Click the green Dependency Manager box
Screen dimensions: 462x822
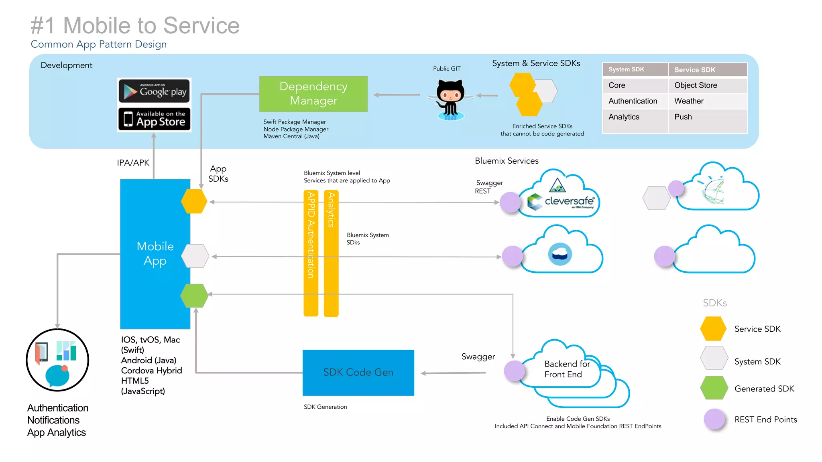click(313, 94)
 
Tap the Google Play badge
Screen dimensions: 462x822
click(154, 91)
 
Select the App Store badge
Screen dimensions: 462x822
click(154, 119)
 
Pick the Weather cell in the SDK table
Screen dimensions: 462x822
click(689, 101)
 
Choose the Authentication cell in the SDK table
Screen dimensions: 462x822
click(633, 101)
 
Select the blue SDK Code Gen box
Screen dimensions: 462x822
click(358, 373)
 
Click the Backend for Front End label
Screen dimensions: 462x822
click(567, 369)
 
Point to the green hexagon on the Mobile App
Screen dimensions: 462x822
click(194, 296)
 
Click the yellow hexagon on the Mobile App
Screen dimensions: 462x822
click(194, 201)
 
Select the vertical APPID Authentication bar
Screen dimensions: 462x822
click(311, 253)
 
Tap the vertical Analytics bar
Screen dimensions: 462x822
click(331, 253)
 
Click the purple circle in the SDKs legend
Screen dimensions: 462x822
click(714, 419)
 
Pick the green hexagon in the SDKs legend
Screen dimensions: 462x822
click(714, 388)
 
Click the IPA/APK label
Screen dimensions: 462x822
click(133, 163)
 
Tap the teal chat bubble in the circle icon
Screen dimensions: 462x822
click(57, 376)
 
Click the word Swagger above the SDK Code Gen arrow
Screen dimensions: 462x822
click(478, 357)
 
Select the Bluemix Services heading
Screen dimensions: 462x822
click(507, 161)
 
